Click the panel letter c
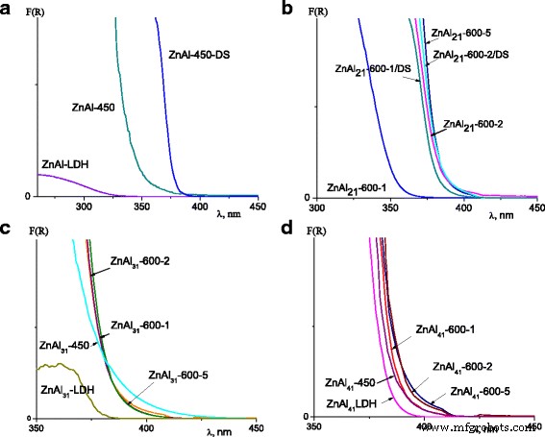pos(7,228)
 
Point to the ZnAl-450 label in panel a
pos(93,108)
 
